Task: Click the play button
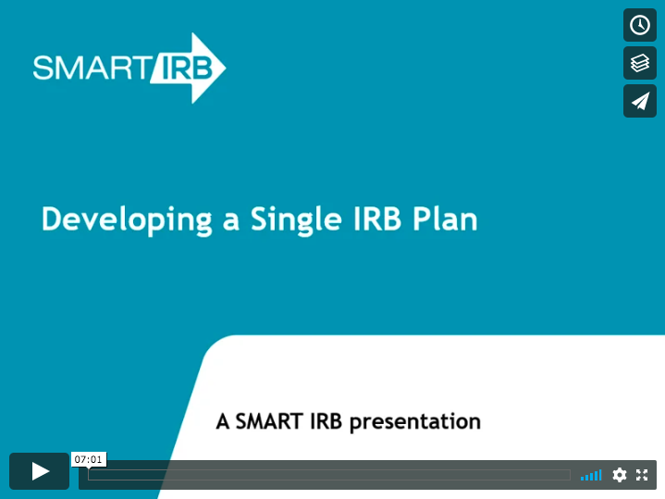tap(40, 471)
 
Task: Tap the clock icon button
tap(639, 25)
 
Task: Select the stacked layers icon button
tap(639, 63)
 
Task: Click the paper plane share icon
tap(639, 101)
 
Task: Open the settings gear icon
tap(619, 475)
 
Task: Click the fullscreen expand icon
tap(642, 475)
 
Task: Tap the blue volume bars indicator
tap(591, 475)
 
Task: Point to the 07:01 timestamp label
tap(89, 459)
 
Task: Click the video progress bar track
tap(329, 475)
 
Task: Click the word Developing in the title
tap(127, 219)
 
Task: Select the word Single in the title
tap(296, 219)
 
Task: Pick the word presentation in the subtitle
tap(415, 422)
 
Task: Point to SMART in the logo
tap(92, 68)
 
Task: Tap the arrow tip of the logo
tap(225, 68)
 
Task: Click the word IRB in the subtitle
tap(326, 421)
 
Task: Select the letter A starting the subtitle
tap(223, 421)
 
